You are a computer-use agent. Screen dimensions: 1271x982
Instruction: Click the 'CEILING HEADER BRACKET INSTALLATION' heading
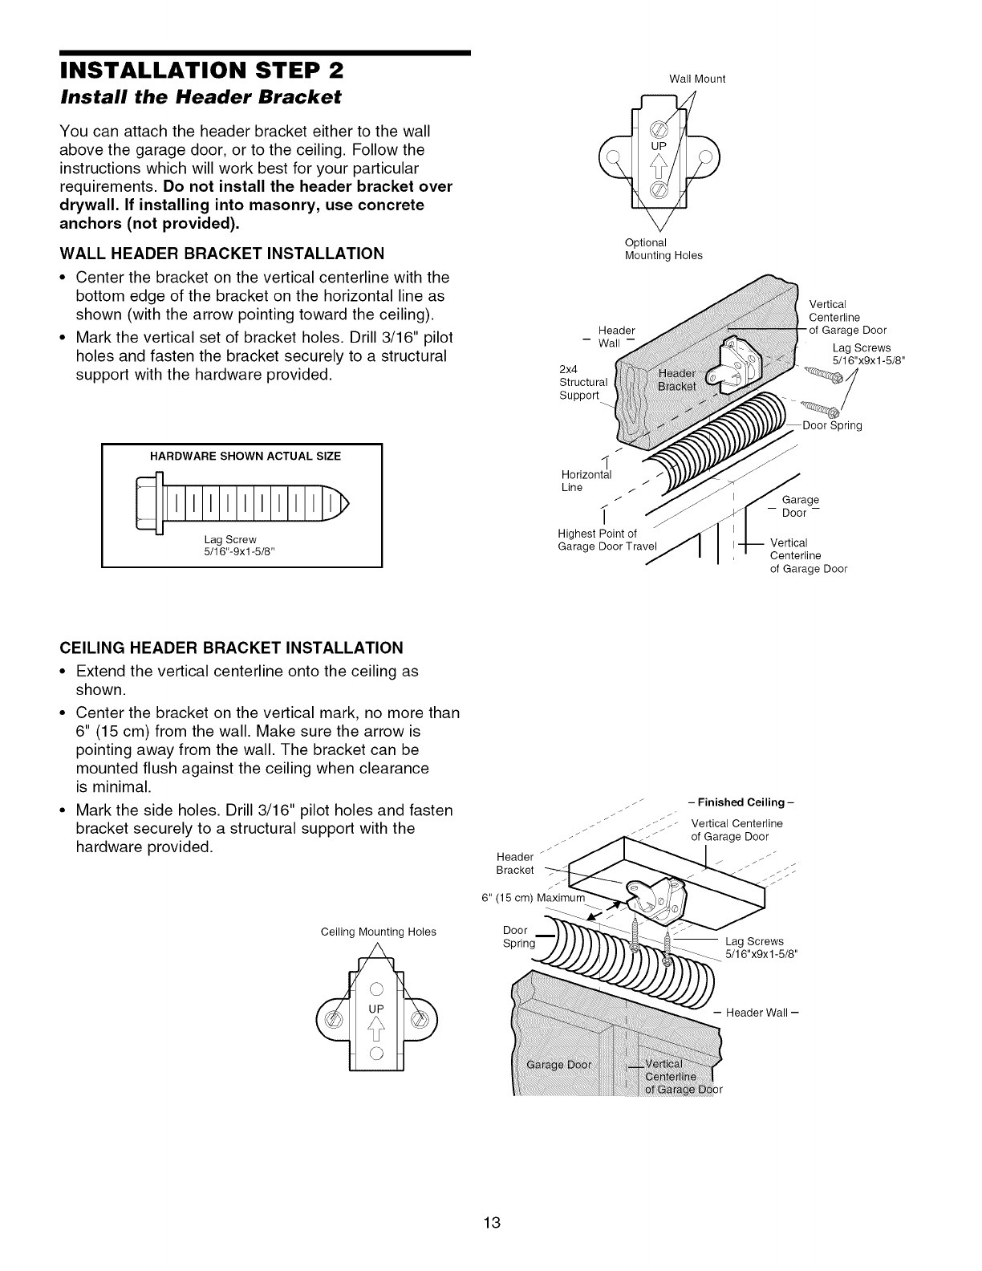coord(231,648)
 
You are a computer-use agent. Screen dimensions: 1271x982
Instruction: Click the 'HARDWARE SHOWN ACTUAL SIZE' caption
coord(245,457)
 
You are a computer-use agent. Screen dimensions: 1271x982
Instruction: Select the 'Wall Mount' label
coord(696,79)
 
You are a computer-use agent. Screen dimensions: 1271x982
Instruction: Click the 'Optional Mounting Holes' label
coord(663,249)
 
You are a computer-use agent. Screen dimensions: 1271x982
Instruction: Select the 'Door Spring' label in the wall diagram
coord(832,425)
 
